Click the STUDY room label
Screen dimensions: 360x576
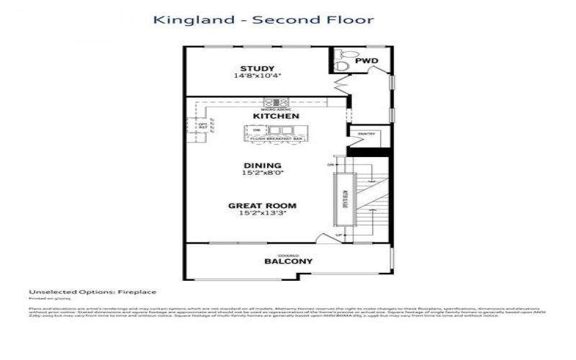257,68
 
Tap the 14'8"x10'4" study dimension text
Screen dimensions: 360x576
257,76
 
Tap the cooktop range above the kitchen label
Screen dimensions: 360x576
276,102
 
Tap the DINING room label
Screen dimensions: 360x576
262,165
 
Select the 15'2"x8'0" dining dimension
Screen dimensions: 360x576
262,173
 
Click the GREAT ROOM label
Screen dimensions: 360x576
262,206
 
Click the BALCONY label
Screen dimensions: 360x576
288,261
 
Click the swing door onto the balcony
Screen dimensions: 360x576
330,238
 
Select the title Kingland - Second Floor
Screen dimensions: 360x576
264,19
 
